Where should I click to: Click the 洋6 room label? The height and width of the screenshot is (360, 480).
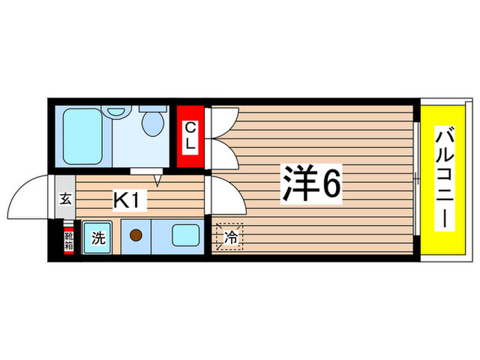click(310, 183)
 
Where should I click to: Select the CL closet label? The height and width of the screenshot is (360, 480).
click(191, 136)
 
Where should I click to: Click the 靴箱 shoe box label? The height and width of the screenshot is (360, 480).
click(69, 239)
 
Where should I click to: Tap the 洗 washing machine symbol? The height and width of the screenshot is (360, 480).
click(98, 238)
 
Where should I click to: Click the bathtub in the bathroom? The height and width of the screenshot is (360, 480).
click(82, 135)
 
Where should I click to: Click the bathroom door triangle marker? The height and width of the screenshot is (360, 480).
click(158, 180)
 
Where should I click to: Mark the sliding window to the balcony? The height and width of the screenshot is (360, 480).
click(416, 180)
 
